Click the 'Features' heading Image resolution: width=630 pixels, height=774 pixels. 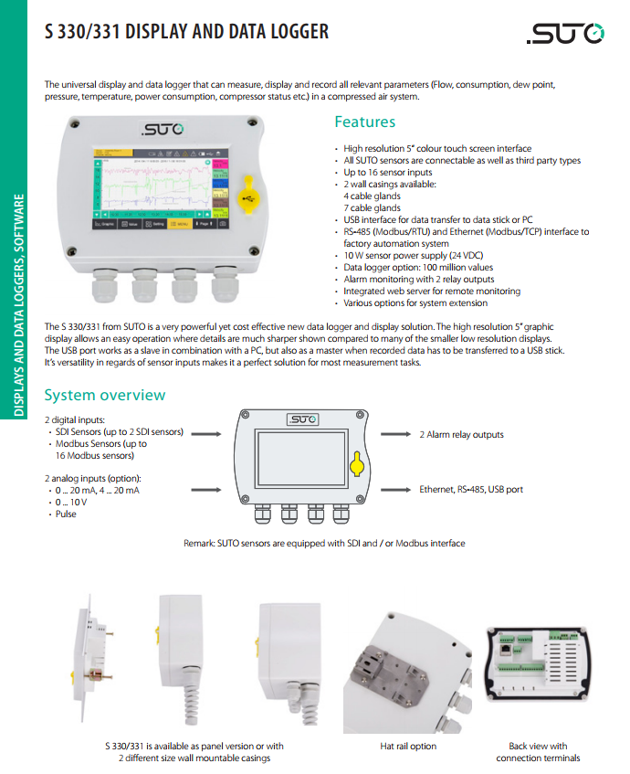[364, 122]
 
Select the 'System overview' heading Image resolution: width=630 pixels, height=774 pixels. [105, 395]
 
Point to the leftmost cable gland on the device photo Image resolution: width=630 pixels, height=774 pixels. [106, 287]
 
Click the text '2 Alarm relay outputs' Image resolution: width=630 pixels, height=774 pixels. [461, 435]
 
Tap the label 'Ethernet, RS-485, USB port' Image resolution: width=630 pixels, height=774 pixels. [471, 490]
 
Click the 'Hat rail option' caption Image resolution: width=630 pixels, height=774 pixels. [408, 747]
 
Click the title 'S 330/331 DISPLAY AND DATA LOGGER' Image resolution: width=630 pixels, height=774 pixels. [187, 33]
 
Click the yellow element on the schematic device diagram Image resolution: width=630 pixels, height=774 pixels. [358, 465]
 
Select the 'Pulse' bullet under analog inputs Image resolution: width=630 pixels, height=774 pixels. [66, 514]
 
